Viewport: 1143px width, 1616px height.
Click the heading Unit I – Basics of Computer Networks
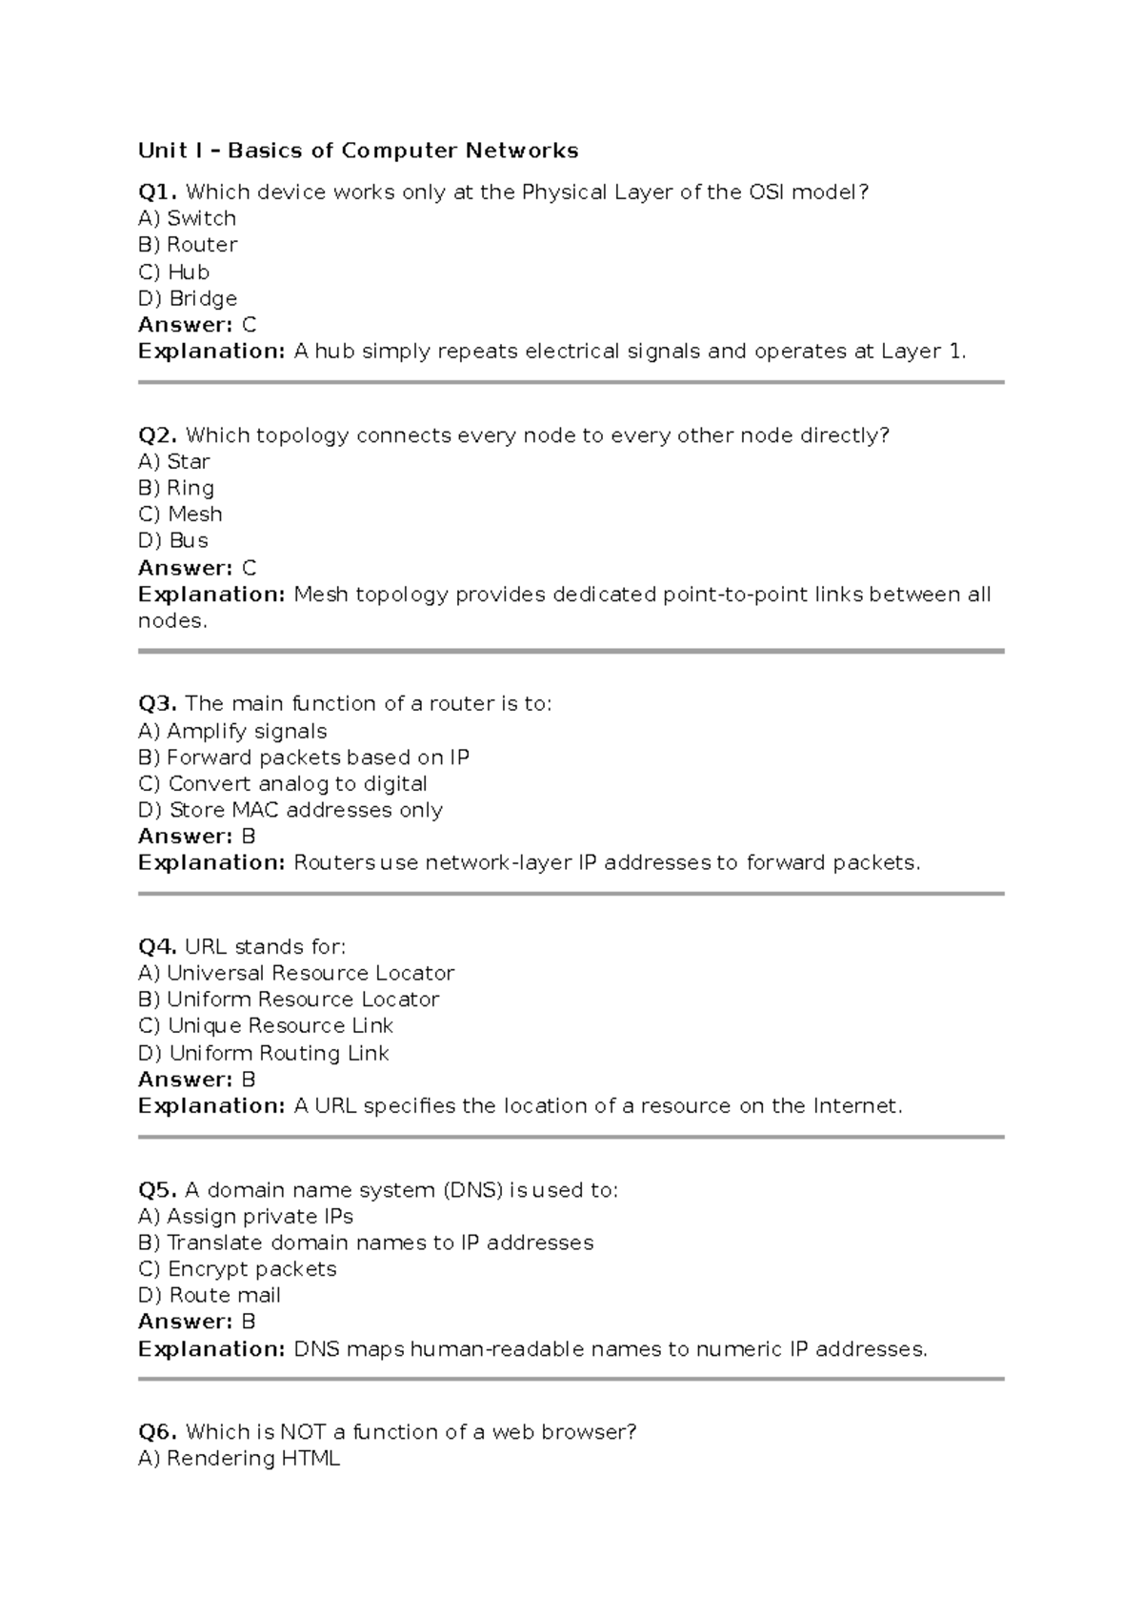coord(358,151)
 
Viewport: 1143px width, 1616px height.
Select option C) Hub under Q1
coord(173,272)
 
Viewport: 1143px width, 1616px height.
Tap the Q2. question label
coord(158,435)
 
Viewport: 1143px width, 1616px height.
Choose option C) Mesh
coord(180,515)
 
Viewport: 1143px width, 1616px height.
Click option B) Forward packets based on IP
coord(304,757)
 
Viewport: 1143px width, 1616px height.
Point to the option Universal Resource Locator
coord(311,973)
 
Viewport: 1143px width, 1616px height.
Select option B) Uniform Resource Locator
coord(289,1000)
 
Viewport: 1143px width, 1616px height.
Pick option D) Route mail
coord(210,1295)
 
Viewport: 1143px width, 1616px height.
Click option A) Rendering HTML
coord(239,1459)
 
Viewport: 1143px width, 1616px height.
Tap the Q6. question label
coord(158,1432)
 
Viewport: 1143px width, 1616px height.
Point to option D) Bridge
coord(188,298)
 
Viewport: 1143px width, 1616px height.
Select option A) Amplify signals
coord(232,731)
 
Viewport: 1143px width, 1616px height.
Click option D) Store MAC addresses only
coord(291,810)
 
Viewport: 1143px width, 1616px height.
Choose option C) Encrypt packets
coord(237,1269)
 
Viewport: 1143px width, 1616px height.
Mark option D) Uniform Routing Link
coord(264,1053)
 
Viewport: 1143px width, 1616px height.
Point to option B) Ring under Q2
coord(176,488)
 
